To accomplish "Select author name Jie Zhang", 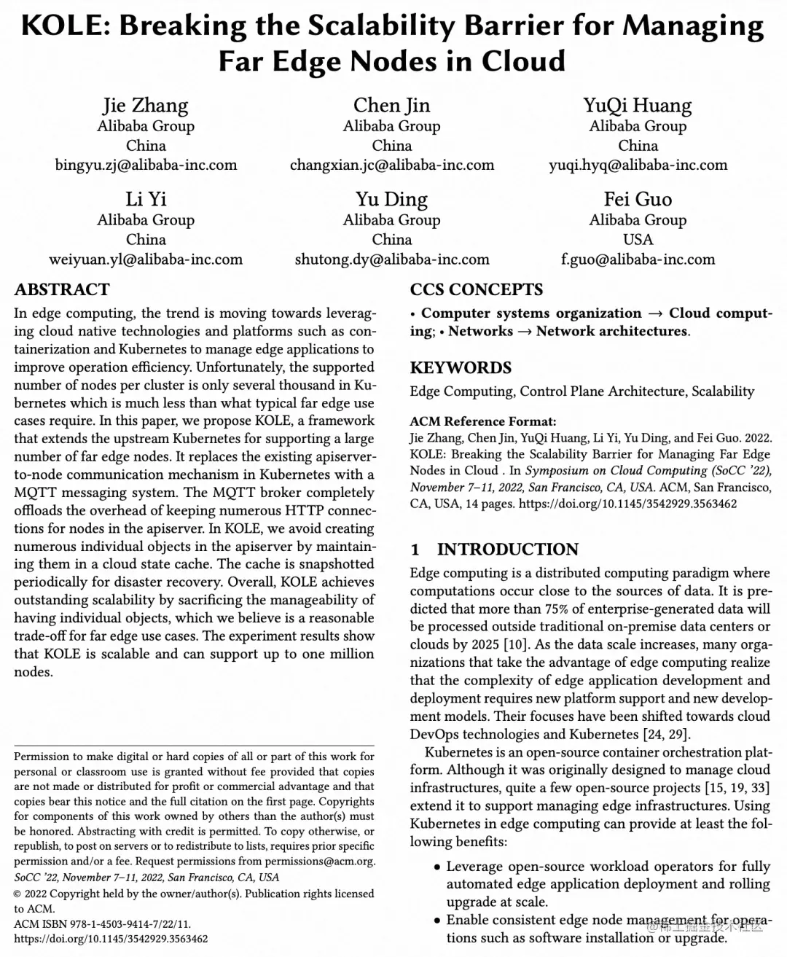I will (146, 106).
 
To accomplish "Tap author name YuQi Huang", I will (638, 106).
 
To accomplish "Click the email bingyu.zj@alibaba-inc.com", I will (146, 165).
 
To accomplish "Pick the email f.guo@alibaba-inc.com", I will (638, 259).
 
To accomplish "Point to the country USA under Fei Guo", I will (638, 240).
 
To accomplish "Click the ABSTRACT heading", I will (62, 289).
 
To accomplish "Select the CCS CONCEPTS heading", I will (476, 289).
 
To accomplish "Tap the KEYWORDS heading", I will (461, 367).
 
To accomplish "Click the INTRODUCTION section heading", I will (507, 549).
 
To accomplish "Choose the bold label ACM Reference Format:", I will (482, 421).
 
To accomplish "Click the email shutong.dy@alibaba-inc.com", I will (392, 259).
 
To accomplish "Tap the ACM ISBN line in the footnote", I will (102, 924).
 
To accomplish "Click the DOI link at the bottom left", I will (111, 939).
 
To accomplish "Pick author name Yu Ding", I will (392, 200).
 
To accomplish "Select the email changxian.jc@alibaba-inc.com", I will (392, 165).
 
